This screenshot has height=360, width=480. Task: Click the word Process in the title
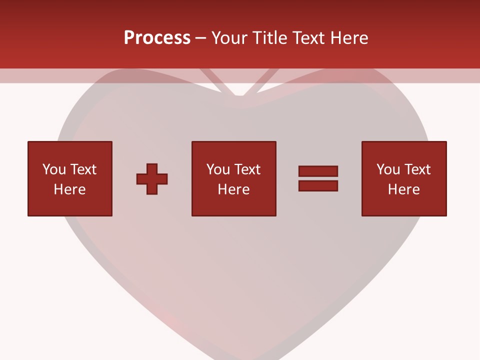coord(157,38)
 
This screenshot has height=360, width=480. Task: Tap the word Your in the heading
coord(230,38)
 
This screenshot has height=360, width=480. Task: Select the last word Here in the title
coord(349,38)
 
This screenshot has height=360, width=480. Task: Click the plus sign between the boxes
coord(152,179)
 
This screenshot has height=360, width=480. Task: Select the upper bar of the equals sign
coord(318,171)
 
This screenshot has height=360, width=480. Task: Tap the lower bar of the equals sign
coord(318,185)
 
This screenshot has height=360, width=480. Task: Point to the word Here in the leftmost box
coord(69,189)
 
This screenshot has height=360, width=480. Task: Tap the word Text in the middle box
coord(246,169)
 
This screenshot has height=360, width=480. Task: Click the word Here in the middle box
coord(233,189)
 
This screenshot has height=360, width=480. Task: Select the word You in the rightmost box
coord(388,169)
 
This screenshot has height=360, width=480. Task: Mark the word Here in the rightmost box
coord(403,189)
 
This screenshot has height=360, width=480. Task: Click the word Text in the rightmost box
coord(416,169)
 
